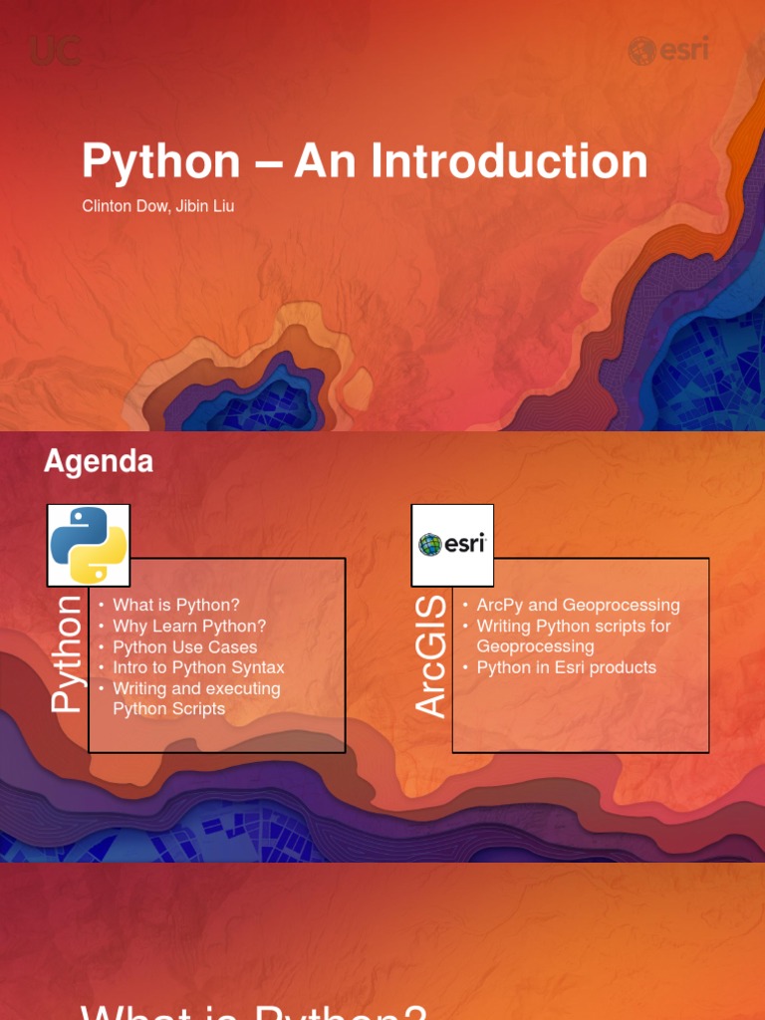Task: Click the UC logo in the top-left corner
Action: point(55,50)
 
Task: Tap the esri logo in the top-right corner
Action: point(667,50)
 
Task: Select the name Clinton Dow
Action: point(125,207)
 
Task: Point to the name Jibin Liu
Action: point(205,207)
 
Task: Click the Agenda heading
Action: point(99,461)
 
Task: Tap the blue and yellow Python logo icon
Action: point(89,545)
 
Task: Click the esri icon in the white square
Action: point(452,545)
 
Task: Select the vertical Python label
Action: point(67,653)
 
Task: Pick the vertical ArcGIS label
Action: point(431,657)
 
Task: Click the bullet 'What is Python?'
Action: point(176,605)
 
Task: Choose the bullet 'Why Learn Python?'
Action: point(189,626)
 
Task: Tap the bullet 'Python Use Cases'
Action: point(184,646)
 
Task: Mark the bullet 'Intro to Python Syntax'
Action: point(198,667)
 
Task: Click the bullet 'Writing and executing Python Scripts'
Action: point(196,698)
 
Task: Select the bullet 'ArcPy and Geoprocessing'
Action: point(578,605)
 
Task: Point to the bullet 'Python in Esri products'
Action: point(566,667)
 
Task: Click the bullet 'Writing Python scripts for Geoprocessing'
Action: point(573,636)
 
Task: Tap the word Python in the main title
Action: point(161,161)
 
